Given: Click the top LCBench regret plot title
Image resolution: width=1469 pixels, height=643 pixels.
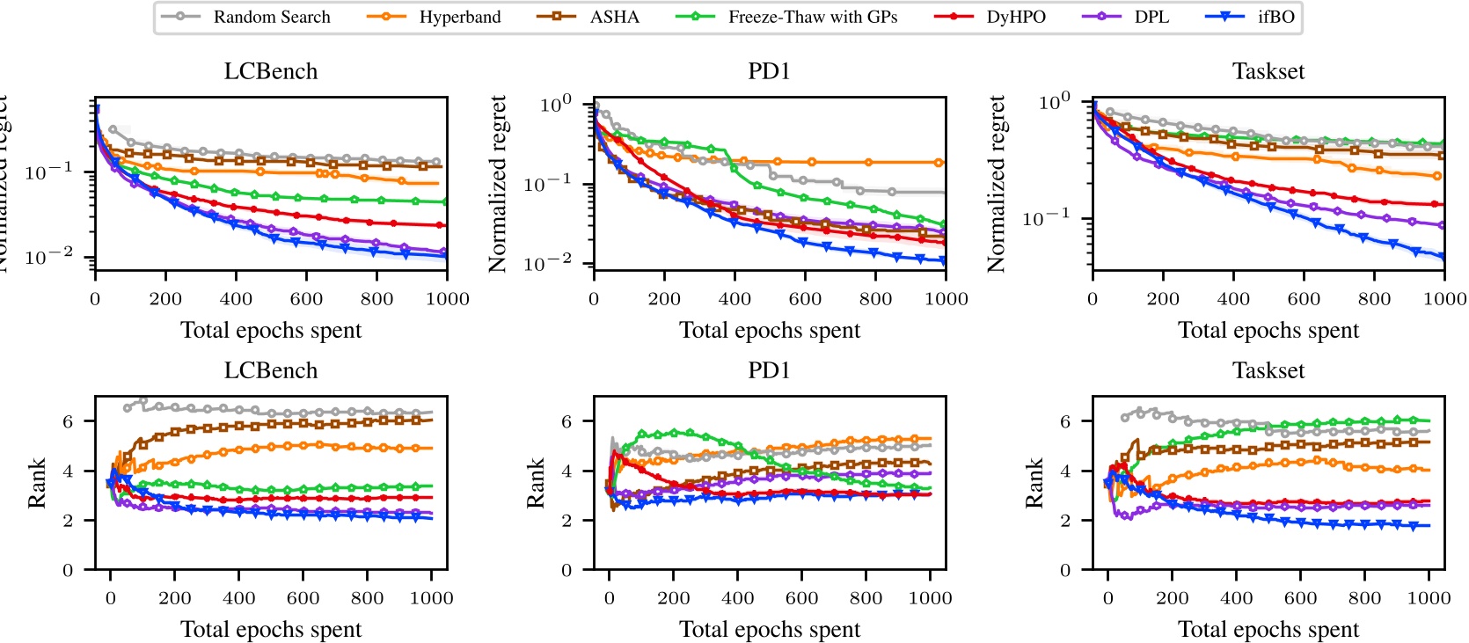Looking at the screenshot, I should click(271, 71).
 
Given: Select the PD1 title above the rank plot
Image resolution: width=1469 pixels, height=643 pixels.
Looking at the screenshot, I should click(769, 370).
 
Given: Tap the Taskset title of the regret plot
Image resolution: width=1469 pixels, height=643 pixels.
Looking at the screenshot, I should click(1268, 71).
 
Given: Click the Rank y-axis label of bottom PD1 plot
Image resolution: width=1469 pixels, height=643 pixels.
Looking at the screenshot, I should click(535, 483).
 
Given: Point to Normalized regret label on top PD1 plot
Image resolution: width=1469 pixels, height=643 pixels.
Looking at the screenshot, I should click(498, 184).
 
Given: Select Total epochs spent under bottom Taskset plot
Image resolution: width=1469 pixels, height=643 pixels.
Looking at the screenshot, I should click(1268, 629).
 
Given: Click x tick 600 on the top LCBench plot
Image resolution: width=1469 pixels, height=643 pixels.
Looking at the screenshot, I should click(306, 299).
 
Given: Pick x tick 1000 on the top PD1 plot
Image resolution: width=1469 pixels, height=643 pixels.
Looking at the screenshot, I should click(946, 299).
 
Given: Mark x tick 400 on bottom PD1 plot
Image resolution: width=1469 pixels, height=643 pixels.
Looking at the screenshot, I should click(737, 598).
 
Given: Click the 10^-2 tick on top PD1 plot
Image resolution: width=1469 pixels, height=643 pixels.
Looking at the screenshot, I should click(555, 262).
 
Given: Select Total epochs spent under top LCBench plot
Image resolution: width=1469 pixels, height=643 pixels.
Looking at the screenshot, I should click(271, 330).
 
